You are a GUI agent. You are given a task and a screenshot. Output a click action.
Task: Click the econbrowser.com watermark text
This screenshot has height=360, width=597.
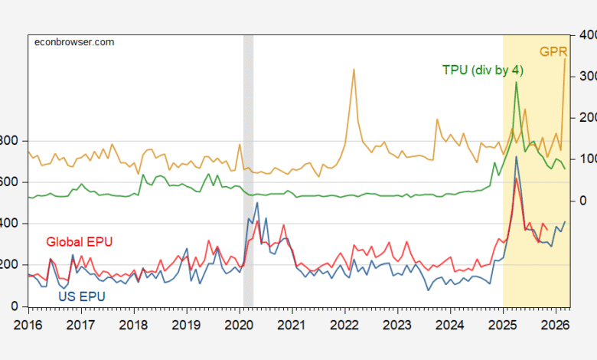pos(75,41)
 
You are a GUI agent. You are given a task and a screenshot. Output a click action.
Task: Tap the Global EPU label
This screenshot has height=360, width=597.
pos(80,241)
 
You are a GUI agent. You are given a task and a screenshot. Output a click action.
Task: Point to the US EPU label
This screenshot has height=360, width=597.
pos(82,296)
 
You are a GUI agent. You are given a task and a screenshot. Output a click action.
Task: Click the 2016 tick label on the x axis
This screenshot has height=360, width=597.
pos(28,325)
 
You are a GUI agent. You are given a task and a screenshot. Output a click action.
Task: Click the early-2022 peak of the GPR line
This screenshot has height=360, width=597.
pos(354,69)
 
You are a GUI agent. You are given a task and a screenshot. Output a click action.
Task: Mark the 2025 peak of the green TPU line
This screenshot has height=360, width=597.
pos(517,82)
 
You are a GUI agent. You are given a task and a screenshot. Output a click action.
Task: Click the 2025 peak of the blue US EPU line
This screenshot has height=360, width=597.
pos(517,157)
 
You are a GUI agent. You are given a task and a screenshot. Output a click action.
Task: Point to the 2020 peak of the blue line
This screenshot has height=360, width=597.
pos(256,202)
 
